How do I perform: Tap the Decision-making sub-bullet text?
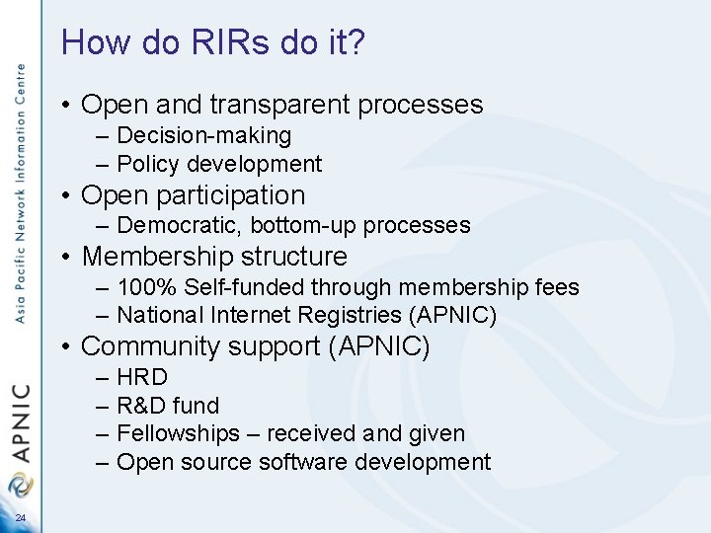click(203, 135)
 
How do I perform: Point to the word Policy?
click(148, 164)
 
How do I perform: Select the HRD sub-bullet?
click(142, 377)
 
